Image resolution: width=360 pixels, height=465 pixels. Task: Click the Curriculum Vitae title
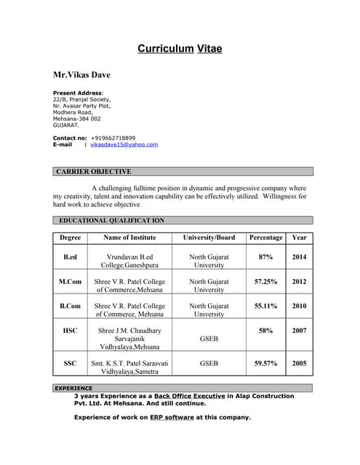point(180,49)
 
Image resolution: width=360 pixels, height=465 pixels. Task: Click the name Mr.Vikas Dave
point(81,74)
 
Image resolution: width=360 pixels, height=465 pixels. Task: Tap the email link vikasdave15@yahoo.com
point(124,145)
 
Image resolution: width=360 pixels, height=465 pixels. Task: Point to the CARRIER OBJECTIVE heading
point(94,172)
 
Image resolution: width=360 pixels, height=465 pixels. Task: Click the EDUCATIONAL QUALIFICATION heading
point(111,219)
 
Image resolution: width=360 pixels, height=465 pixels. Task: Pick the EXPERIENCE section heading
point(73,388)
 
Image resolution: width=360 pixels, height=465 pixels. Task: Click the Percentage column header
point(265,238)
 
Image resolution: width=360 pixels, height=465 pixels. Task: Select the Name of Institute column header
point(129,238)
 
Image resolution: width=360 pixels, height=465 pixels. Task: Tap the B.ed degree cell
point(70,257)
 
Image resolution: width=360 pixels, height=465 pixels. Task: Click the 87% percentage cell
point(265,257)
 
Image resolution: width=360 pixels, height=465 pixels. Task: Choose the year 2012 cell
point(299,281)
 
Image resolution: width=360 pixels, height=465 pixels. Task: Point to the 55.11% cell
point(265,306)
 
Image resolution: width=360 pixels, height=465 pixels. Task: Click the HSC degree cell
point(70,331)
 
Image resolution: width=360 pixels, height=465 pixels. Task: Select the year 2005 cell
point(299,363)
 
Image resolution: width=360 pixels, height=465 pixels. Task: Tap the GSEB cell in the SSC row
point(209,363)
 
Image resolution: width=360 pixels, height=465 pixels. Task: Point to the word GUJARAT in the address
point(65,125)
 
